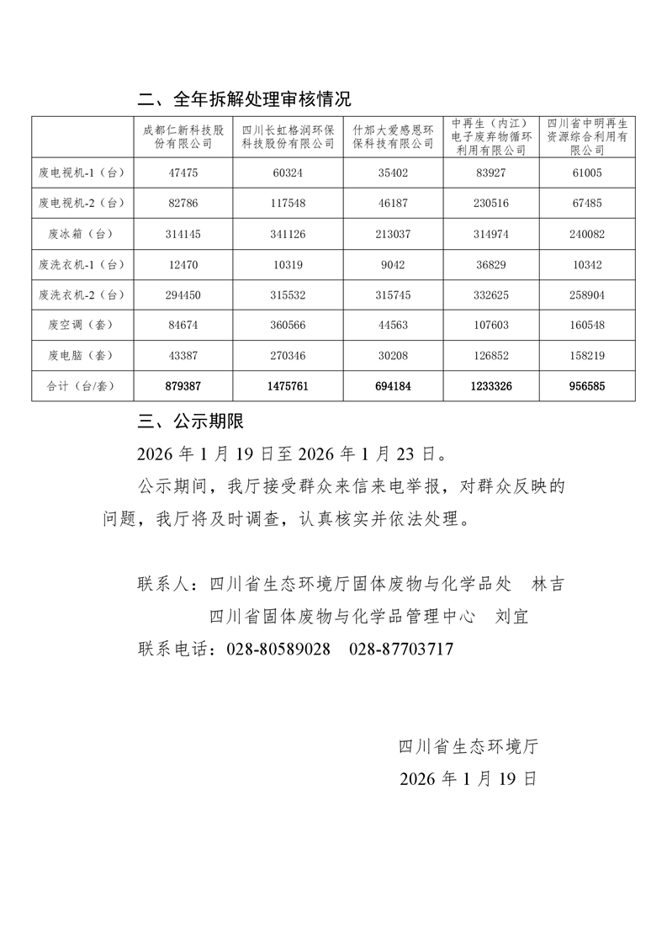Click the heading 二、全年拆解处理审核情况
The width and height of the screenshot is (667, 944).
(244, 99)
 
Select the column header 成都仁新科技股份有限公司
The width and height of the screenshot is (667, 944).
(183, 137)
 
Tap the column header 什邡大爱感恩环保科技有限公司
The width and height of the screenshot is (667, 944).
(393, 137)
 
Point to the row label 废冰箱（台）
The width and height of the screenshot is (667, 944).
(82, 234)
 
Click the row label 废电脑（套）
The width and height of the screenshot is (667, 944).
(82, 355)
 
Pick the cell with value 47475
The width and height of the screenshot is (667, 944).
(183, 173)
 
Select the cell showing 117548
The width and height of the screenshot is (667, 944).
(289, 204)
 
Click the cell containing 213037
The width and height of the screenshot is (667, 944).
(393, 234)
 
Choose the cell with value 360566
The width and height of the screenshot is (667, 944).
(289, 325)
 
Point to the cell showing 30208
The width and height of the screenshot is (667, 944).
(393, 355)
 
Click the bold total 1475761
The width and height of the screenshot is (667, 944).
(289, 386)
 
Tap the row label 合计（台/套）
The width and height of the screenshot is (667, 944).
(82, 386)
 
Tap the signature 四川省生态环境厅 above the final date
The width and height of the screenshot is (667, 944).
(468, 745)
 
